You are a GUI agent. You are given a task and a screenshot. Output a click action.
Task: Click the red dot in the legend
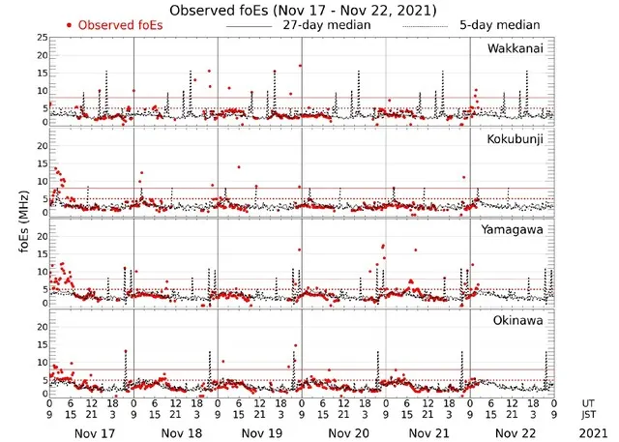point(68,24)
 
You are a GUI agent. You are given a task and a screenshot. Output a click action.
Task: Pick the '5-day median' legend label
point(501,24)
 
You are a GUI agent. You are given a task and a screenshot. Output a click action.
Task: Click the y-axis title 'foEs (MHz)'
point(21,222)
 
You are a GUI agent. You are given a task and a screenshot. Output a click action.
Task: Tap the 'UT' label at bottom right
point(589,402)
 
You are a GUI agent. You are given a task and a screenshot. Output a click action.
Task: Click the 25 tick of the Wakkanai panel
point(40,38)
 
